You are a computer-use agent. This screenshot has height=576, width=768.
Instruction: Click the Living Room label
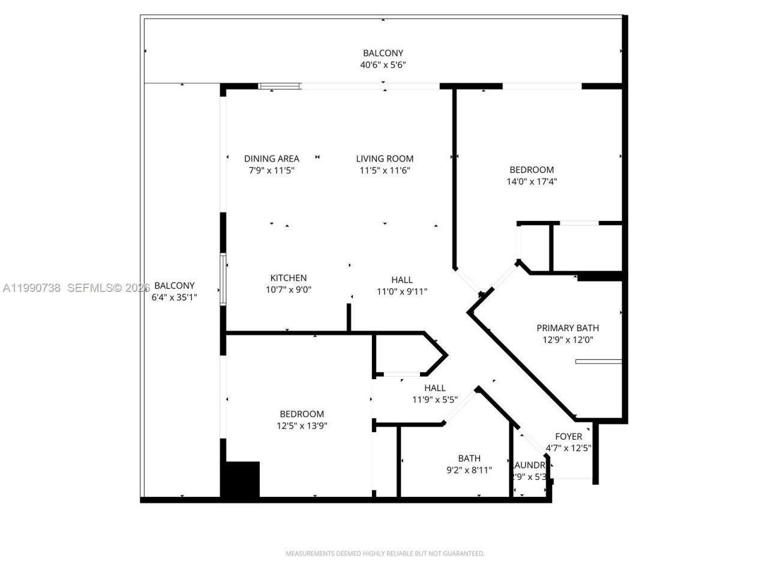[385, 159]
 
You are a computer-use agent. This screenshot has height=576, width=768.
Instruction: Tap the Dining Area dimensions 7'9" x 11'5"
[271, 170]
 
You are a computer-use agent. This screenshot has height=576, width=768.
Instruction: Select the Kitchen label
[288, 278]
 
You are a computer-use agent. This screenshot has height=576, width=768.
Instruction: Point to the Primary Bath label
[567, 328]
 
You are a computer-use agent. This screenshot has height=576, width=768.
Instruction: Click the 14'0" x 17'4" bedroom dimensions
[532, 181]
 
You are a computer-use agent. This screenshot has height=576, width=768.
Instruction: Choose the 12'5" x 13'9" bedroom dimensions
[301, 426]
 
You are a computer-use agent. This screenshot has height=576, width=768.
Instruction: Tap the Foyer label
[568, 437]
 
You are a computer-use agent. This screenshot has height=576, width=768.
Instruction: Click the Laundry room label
[529, 465]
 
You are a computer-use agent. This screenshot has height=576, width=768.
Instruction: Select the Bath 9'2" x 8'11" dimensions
[469, 470]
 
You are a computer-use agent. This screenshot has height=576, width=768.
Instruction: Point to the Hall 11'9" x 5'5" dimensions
[434, 400]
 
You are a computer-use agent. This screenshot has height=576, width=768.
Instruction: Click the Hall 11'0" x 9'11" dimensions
[401, 292]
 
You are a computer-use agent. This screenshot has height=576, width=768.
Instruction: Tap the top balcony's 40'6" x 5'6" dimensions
[383, 65]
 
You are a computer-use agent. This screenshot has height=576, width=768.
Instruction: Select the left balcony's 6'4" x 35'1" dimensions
[174, 297]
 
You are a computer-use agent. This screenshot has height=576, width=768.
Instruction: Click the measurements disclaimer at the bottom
[385, 553]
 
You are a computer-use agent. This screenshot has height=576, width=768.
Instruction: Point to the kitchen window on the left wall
[223, 280]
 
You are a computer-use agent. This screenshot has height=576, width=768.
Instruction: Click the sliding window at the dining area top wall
[280, 86]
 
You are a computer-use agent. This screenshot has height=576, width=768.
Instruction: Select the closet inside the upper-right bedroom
[586, 247]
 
